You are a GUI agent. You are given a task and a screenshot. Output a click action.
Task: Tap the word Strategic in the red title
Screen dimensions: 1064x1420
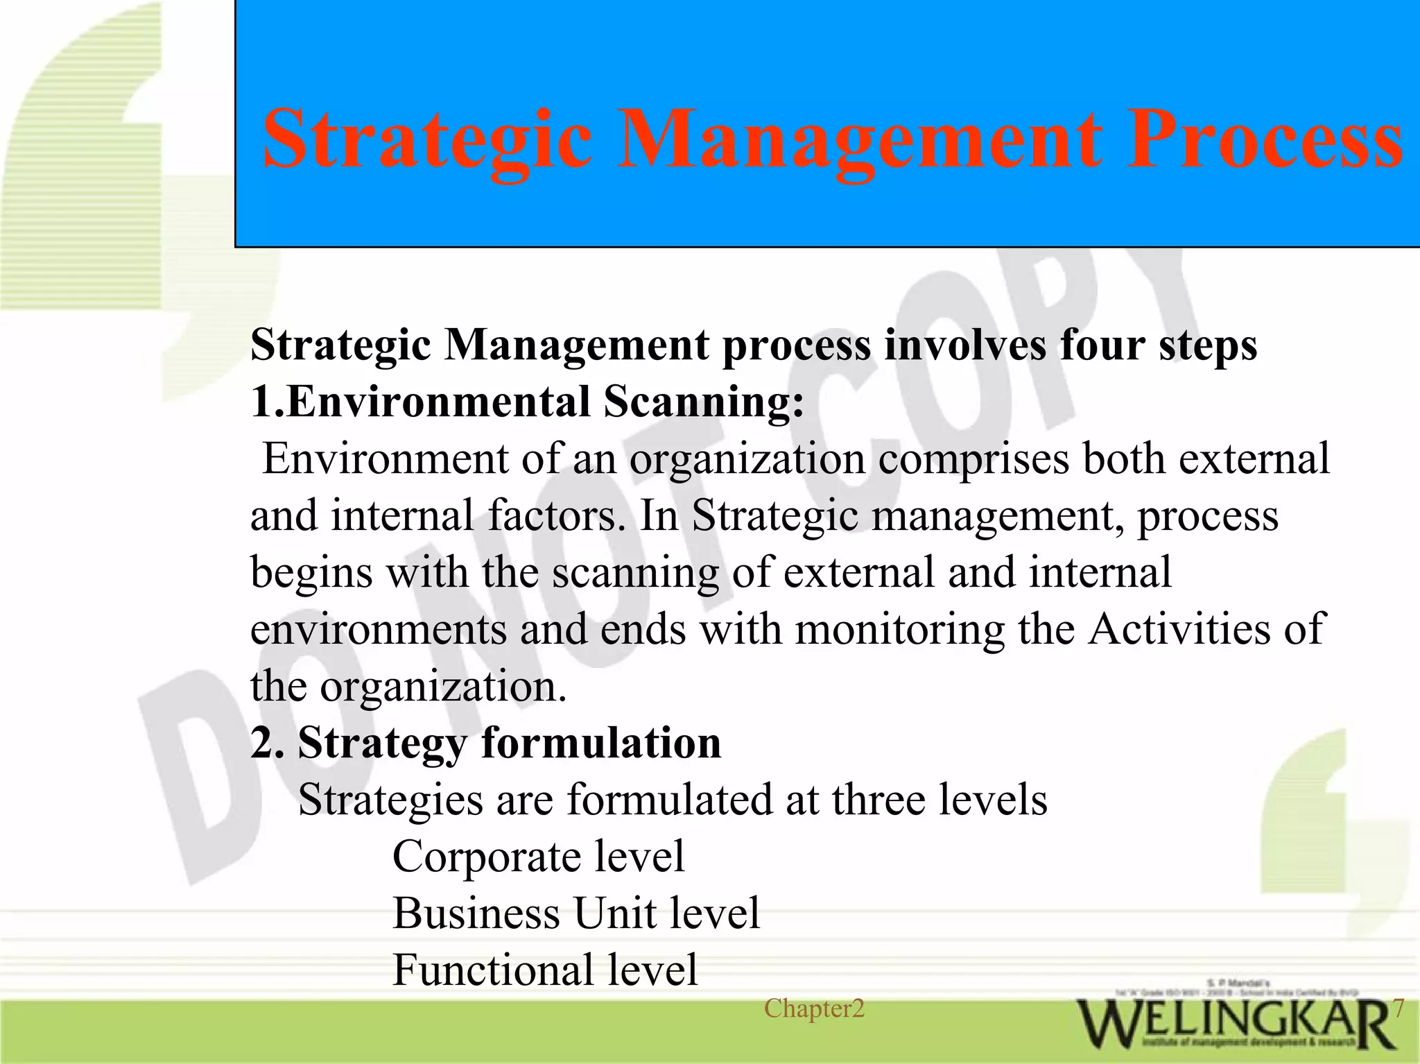[426, 141]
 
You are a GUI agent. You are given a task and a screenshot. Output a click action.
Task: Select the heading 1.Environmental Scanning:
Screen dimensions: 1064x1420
[527, 402]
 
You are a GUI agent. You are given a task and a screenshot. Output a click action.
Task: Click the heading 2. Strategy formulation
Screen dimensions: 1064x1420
[485, 744]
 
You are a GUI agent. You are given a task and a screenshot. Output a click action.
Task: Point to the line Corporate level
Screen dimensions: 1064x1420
[538, 857]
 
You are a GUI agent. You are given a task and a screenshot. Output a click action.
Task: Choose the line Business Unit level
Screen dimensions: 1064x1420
[575, 913]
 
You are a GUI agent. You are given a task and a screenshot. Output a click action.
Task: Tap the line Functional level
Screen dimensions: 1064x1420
[544, 970]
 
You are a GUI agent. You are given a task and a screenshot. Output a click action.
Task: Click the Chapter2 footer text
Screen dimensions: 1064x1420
[814, 1009]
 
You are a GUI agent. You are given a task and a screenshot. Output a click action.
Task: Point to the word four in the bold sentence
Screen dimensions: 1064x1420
[1101, 345]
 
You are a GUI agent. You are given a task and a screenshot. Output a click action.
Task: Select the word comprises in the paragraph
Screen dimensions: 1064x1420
[973, 459]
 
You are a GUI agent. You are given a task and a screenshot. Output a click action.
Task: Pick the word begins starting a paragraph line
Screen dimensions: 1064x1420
[311, 573]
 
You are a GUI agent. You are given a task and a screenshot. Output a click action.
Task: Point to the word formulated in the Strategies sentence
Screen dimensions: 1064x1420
[670, 800]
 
